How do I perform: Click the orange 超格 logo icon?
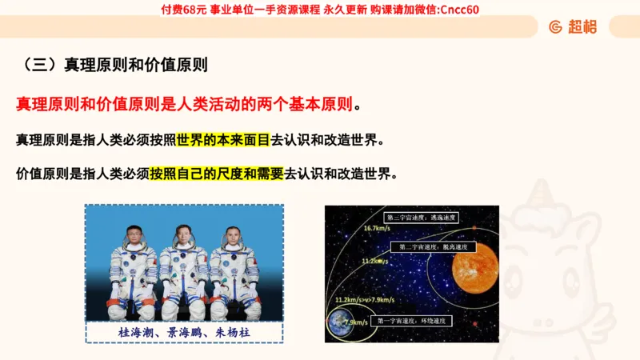pos(555,27)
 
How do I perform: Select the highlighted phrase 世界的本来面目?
pos(223,140)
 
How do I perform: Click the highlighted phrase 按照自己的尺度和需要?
pos(216,174)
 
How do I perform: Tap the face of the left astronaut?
pos(134,238)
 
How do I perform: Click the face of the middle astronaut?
pos(183,237)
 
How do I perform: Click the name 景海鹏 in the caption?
pos(184,331)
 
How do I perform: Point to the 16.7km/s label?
pos(376,229)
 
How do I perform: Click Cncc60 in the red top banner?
pos(460,10)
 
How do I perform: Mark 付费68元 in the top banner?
pos(184,10)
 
